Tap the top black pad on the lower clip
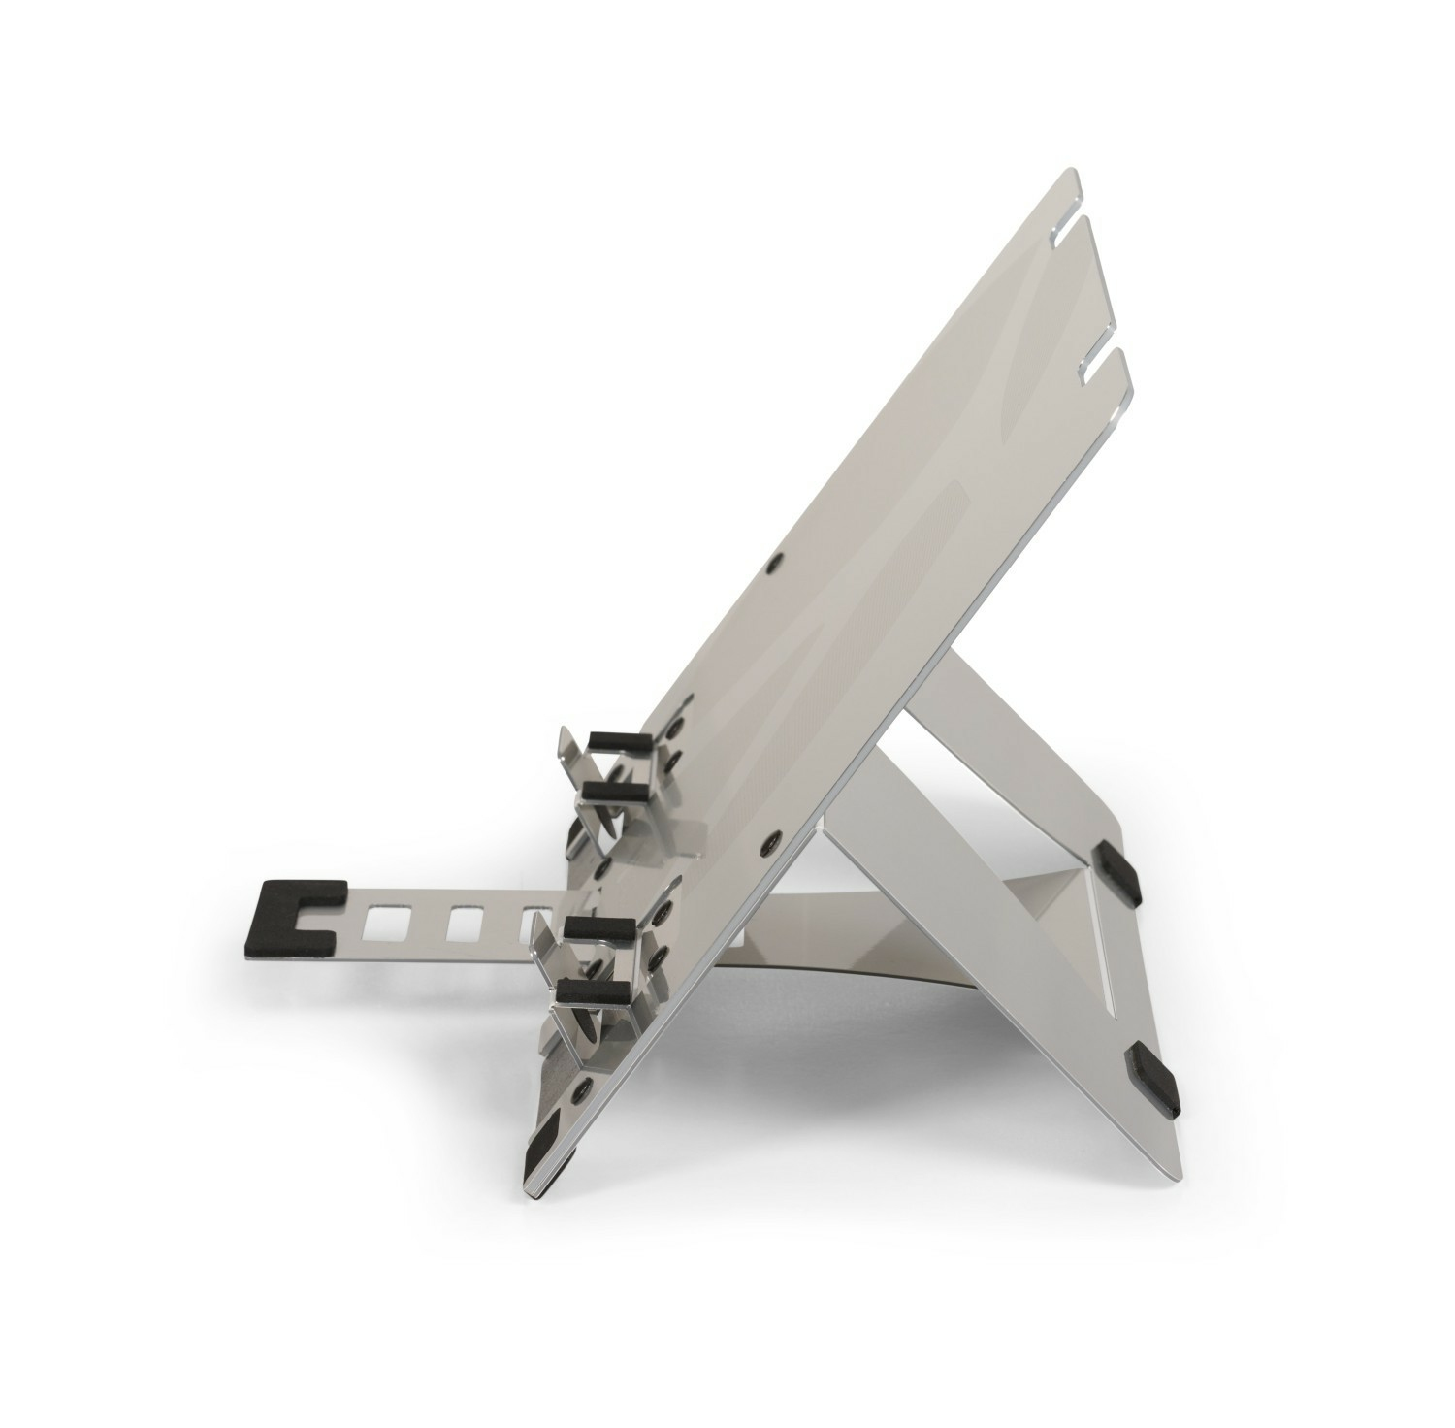[x=600, y=928]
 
